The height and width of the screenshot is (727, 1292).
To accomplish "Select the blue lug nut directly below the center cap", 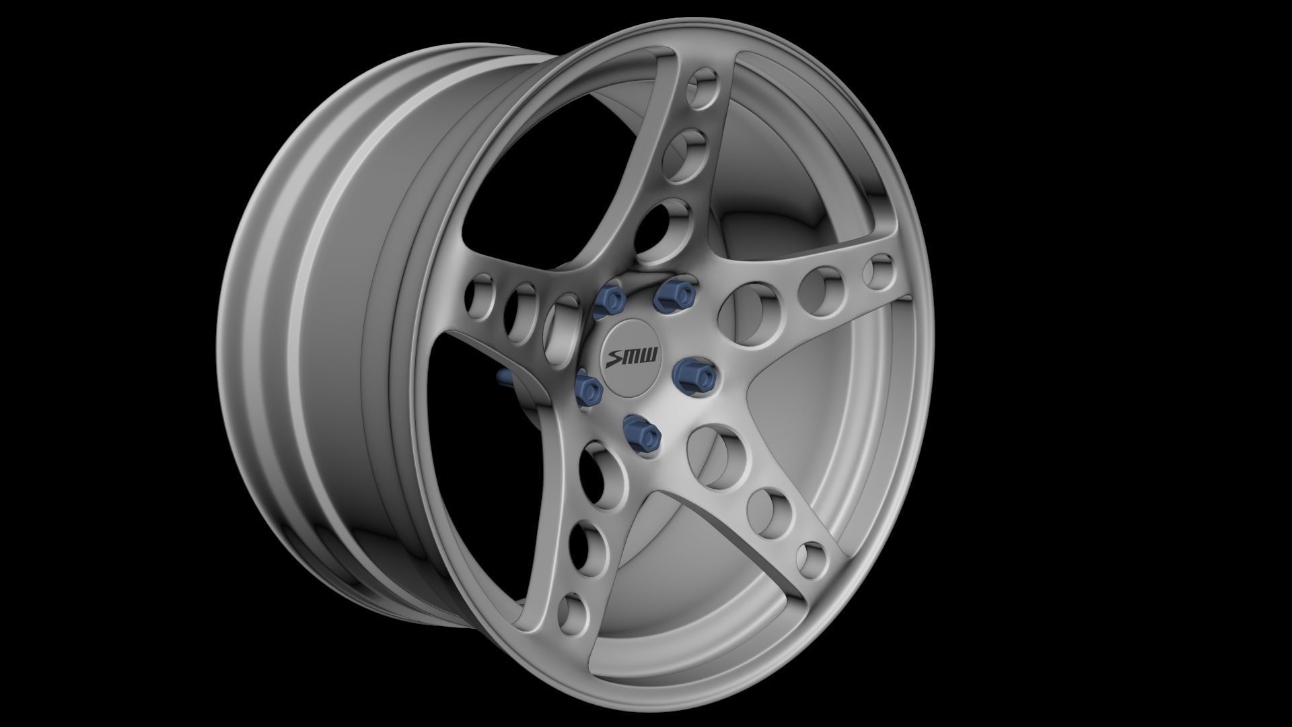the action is tap(641, 431).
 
